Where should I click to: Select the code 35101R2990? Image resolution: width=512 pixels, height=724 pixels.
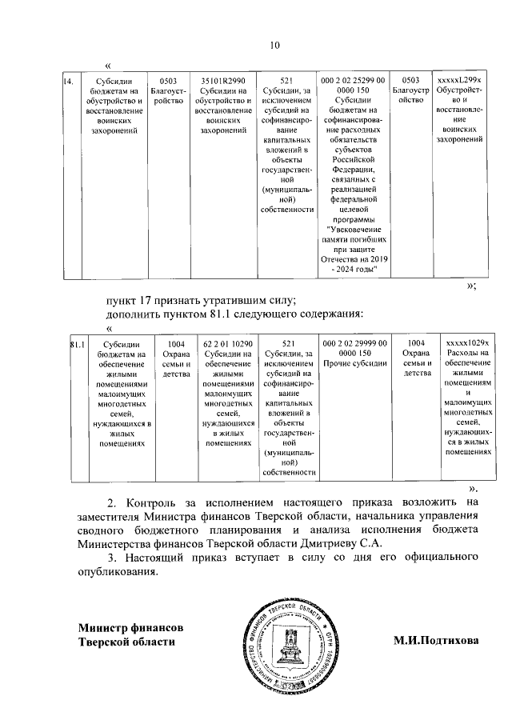(x=224, y=81)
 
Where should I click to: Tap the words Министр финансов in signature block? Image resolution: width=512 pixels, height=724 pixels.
(x=131, y=626)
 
